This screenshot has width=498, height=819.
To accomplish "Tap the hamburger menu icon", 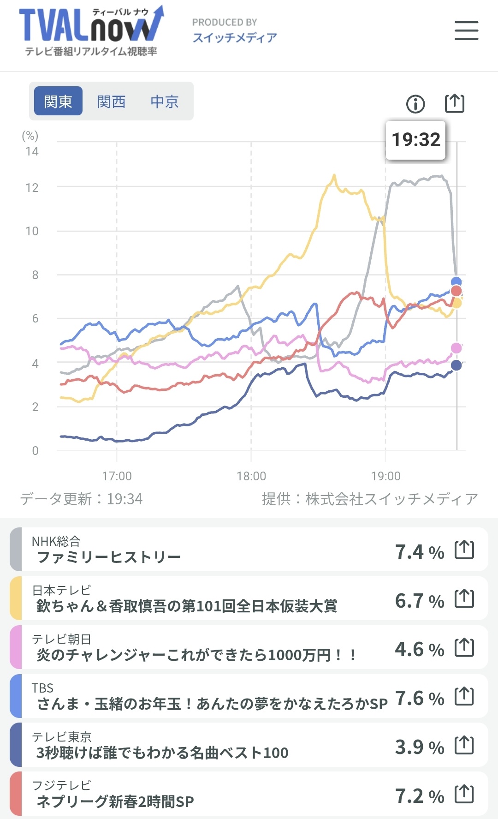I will [x=466, y=30].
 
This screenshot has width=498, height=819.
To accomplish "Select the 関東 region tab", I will [x=58, y=101].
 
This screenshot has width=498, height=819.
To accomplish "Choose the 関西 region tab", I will [x=111, y=101].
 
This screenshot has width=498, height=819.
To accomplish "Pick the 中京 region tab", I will [x=165, y=101].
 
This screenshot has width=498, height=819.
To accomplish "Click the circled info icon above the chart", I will [x=415, y=104].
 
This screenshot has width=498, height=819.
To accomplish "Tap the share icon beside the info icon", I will [x=454, y=103].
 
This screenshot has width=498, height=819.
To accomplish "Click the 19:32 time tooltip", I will [x=415, y=140].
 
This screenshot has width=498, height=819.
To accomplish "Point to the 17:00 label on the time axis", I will [x=117, y=476].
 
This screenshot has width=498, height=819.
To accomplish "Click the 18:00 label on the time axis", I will [x=251, y=476].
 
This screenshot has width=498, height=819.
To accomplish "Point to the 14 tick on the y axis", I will [x=32, y=151].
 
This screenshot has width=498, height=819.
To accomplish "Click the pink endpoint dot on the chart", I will [x=456, y=348].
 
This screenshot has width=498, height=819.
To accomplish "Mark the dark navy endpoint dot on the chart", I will [x=456, y=365].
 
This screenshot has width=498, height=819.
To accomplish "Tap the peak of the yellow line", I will [x=334, y=175].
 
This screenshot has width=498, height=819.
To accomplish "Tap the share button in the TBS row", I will [x=464, y=696].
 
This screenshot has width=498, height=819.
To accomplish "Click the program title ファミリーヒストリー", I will [x=109, y=557].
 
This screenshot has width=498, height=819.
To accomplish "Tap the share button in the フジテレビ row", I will [x=464, y=794].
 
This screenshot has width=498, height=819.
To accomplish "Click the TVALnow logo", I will [x=91, y=30].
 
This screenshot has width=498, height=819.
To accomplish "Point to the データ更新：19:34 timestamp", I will [x=81, y=499].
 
